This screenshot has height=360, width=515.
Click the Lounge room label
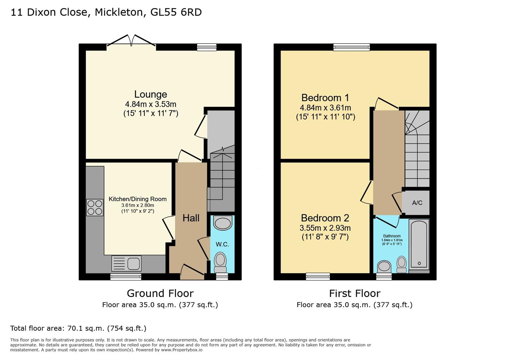(150, 94)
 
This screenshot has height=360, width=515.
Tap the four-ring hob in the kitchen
(95, 207)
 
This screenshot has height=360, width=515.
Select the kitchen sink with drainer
(126, 263)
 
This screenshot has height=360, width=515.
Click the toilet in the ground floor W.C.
(220, 262)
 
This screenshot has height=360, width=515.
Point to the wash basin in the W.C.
(222, 223)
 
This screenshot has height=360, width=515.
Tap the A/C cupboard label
(417, 203)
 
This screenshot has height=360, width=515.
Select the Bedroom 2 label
(325, 218)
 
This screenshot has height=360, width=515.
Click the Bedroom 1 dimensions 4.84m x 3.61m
(325, 108)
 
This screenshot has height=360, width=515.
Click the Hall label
(191, 218)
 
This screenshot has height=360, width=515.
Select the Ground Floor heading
(160, 293)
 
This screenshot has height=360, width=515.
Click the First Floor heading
(355, 293)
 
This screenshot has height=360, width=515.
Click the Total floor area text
(78, 328)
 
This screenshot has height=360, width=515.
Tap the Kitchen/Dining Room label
(137, 199)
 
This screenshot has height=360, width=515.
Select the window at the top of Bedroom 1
(352, 47)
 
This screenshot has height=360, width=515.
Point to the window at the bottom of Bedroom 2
(318, 276)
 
